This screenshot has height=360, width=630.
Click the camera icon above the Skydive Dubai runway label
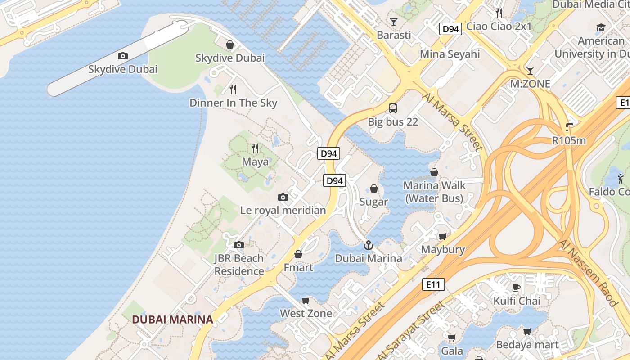(x=122, y=56)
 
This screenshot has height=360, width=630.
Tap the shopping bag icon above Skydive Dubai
(x=230, y=45)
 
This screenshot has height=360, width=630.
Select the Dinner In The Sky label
(x=233, y=103)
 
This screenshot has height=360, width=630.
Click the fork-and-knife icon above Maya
(x=255, y=148)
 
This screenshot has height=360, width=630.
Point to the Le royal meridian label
(x=283, y=210)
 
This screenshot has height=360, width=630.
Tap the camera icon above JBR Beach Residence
(x=239, y=245)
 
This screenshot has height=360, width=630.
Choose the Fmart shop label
(x=298, y=267)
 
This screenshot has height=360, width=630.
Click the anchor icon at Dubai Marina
(x=369, y=245)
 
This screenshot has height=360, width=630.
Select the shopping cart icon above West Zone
(x=306, y=300)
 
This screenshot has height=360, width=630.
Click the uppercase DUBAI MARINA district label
(x=172, y=319)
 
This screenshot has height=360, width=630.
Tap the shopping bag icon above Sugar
(x=374, y=189)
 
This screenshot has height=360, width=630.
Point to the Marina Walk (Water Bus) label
(x=434, y=192)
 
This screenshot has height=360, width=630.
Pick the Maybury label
(x=443, y=249)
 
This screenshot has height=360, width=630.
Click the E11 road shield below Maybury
(x=433, y=284)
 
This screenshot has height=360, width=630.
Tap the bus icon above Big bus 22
(x=393, y=108)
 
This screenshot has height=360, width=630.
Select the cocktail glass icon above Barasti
(x=394, y=22)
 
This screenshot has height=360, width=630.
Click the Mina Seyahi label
(x=450, y=54)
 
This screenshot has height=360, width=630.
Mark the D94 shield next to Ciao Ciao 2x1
(x=450, y=29)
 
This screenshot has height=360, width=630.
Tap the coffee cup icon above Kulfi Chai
(x=516, y=288)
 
